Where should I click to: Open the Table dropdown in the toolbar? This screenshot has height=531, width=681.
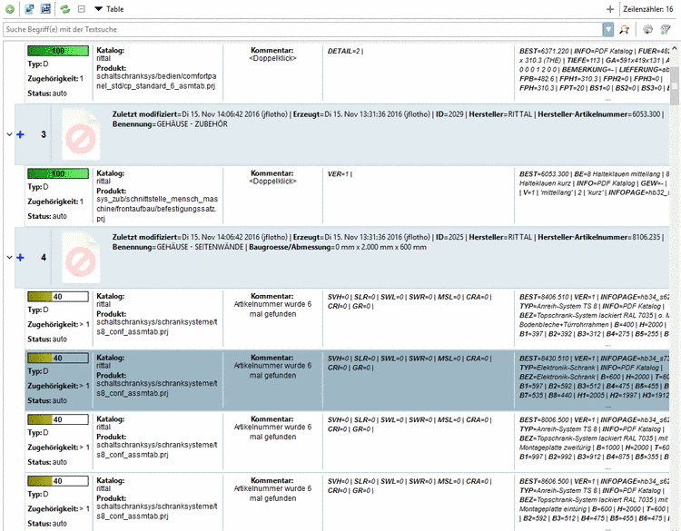coord(110,8)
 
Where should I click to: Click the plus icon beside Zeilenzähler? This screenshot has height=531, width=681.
coord(609,8)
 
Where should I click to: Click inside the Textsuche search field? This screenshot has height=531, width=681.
coord(272,29)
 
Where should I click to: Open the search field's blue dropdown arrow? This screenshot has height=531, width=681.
coord(607,29)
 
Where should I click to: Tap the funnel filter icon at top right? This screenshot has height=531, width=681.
coord(666,29)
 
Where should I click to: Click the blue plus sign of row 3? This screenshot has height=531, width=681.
coord(20,134)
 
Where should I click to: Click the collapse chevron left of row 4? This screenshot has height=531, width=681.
coord(9,258)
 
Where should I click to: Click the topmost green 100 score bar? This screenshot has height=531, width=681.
coord(57,52)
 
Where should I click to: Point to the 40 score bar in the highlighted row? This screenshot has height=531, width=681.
coord(57,359)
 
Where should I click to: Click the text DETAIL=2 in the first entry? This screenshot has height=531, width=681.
coord(345,52)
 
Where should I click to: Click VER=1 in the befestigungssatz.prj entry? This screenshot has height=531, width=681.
coord(340,173)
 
